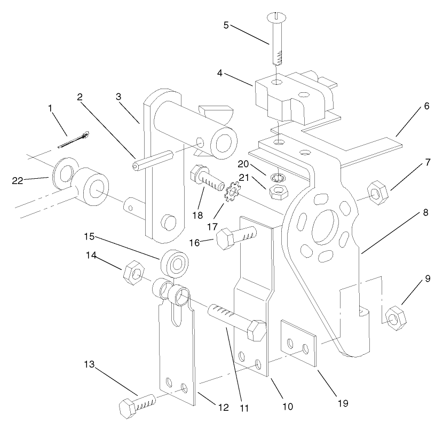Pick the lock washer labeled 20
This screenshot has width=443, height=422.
pos(278,177)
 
